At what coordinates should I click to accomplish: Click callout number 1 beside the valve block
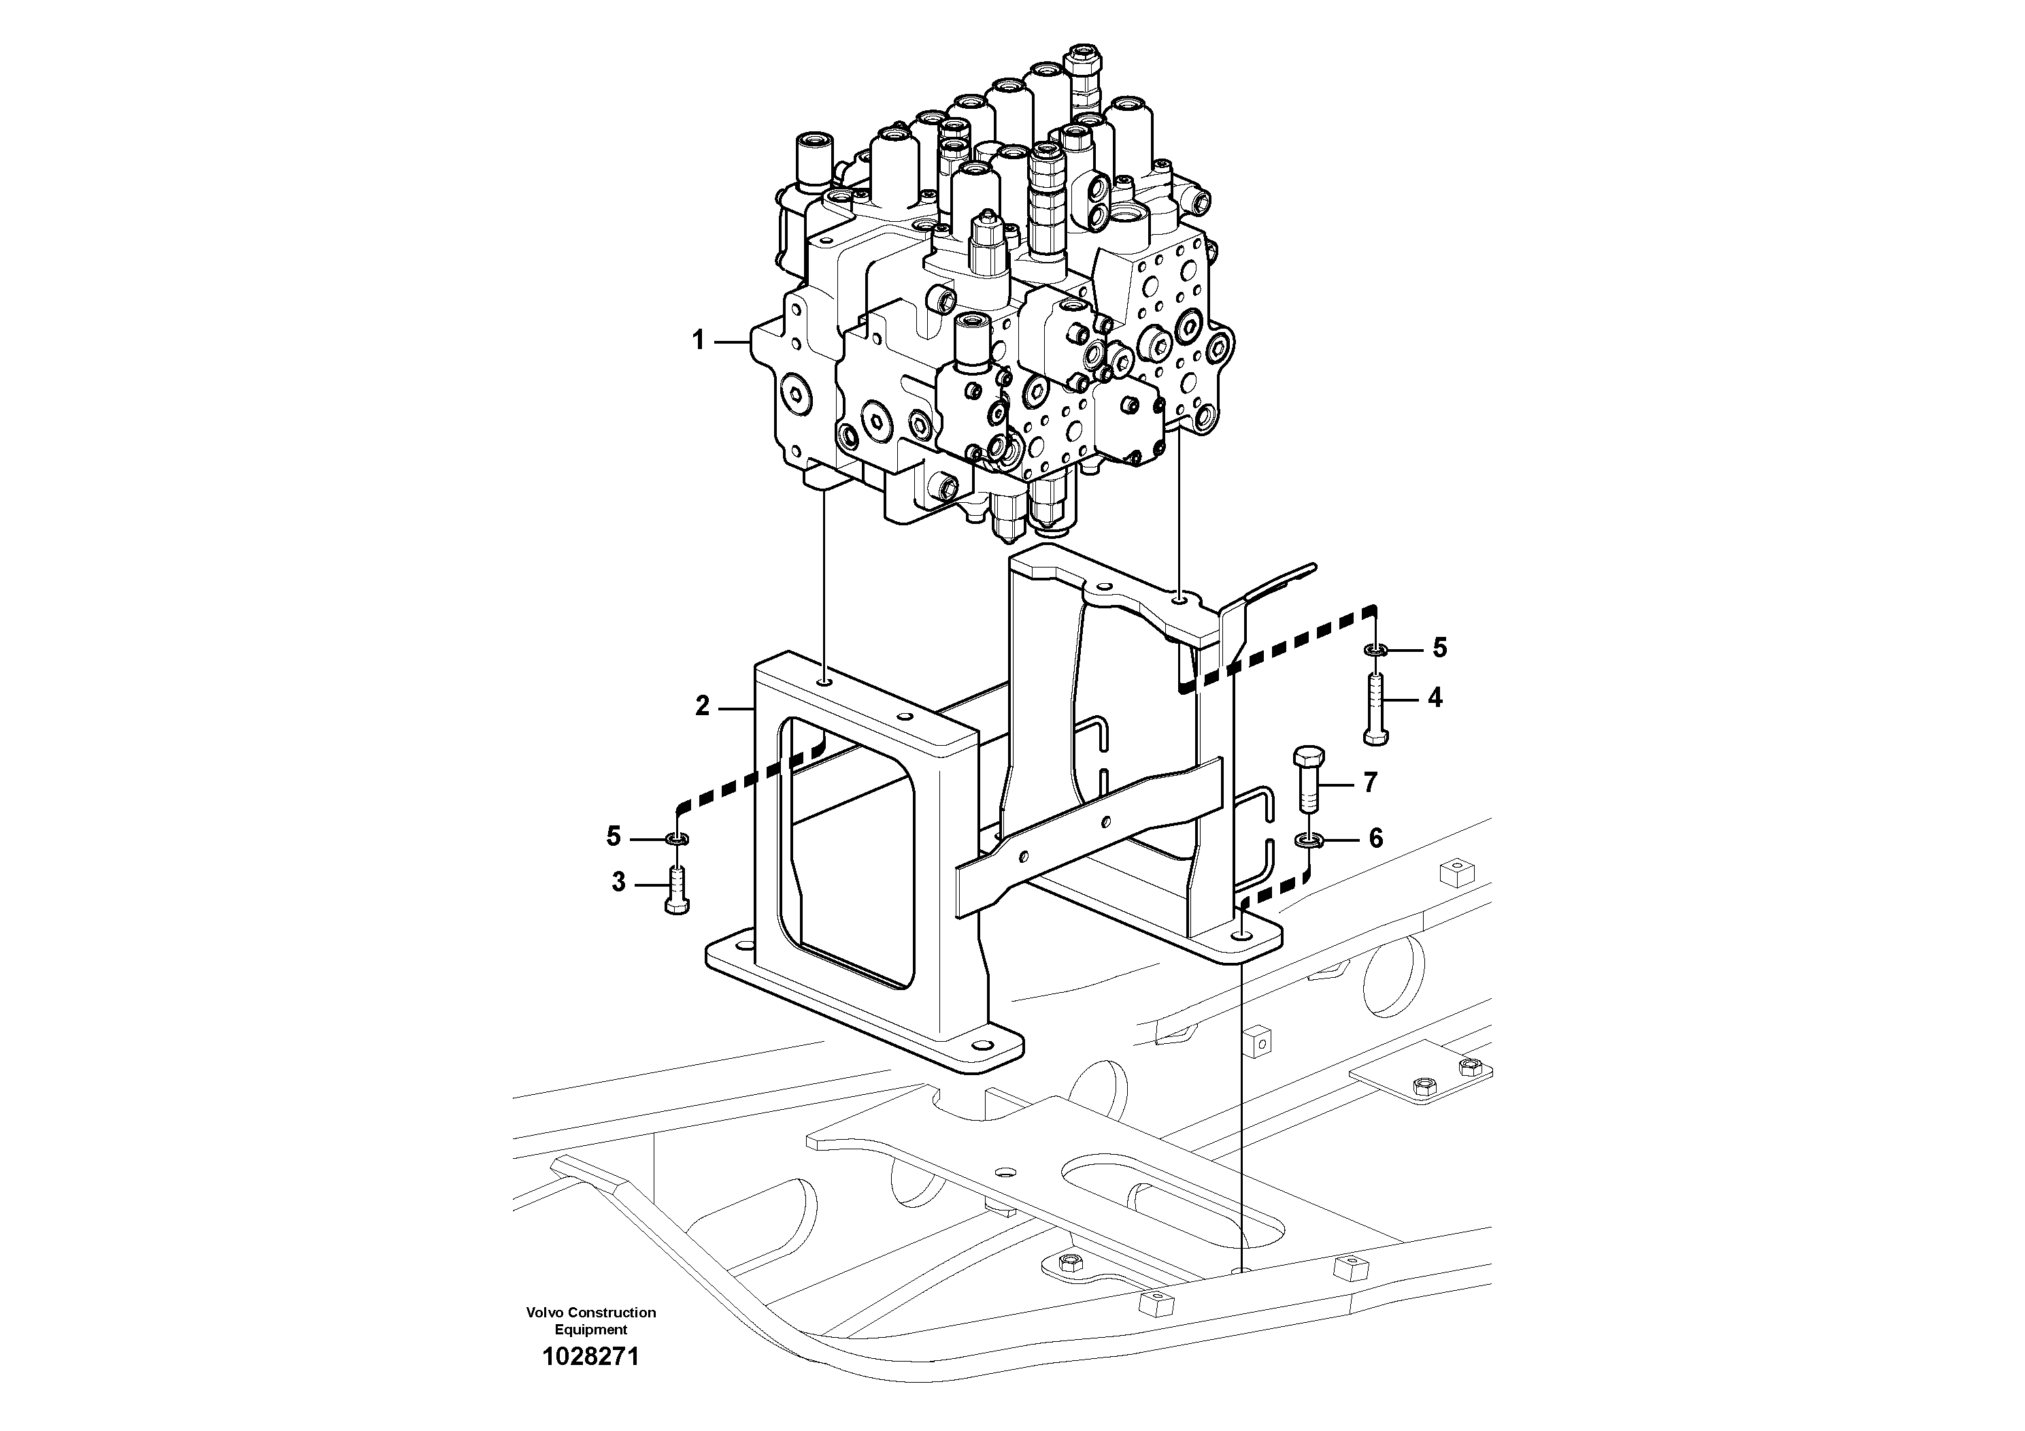coord(698,340)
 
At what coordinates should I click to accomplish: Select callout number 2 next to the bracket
coord(702,706)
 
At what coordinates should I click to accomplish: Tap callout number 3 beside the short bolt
coord(618,881)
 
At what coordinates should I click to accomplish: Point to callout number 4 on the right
coord(1435,698)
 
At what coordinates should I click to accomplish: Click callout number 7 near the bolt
coord(1370,783)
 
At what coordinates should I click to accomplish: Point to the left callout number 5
coord(614,836)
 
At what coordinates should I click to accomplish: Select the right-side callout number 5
coord(1439,648)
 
